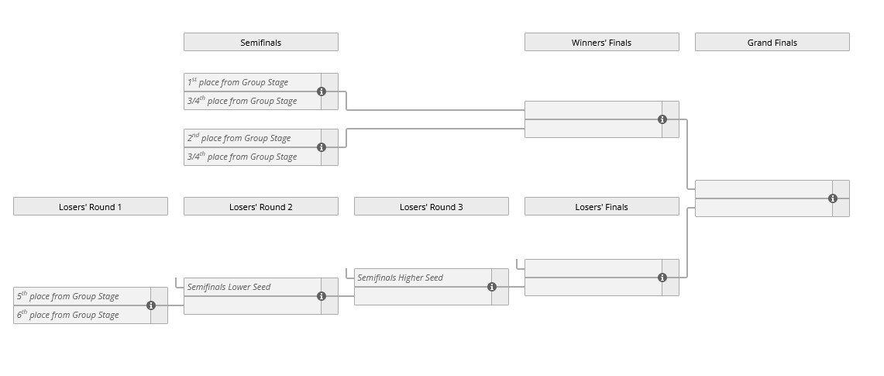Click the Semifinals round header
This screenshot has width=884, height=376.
pyautogui.click(x=260, y=42)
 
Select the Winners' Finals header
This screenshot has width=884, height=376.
pyautogui.click(x=601, y=42)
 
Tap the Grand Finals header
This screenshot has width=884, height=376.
pyautogui.click(x=772, y=42)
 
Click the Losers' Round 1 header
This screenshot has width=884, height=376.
pyautogui.click(x=90, y=206)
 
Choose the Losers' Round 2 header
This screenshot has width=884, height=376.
pyautogui.click(x=260, y=206)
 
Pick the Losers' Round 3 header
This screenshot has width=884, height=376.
pyautogui.click(x=431, y=206)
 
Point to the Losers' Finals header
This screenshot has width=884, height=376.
pyautogui.click(x=601, y=206)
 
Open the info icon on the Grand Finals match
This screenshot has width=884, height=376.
pyautogui.click(x=833, y=198)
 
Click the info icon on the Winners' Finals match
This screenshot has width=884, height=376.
pyautogui.click(x=662, y=119)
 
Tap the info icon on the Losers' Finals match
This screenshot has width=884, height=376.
pyautogui.click(x=662, y=278)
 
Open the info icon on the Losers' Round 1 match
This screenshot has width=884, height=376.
pyautogui.click(x=151, y=305)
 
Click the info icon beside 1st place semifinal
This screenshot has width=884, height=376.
pyautogui.click(x=322, y=91)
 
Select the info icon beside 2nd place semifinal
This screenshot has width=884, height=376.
pyautogui.click(x=322, y=147)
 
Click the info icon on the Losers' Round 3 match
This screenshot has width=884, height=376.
pyautogui.click(x=492, y=287)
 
